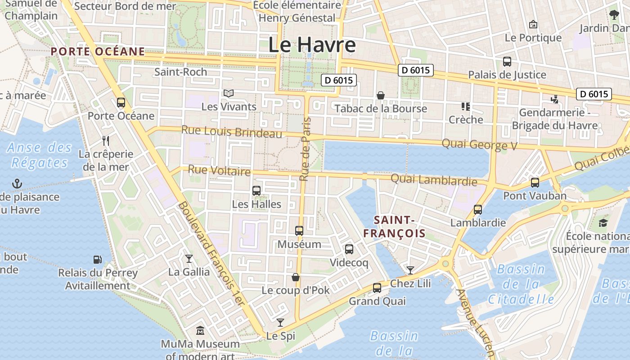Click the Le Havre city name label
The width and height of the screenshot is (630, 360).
click(x=312, y=45)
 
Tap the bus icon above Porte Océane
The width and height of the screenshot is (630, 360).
click(x=121, y=102)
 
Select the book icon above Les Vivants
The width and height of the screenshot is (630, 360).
click(x=229, y=93)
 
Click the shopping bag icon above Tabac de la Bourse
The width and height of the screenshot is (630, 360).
click(x=381, y=95)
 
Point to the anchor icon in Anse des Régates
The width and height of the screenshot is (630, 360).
click(x=17, y=183)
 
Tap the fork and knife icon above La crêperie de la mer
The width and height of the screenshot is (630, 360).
click(x=106, y=140)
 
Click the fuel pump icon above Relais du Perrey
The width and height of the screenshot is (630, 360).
click(x=97, y=259)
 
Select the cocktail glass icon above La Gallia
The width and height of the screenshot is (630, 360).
click(x=189, y=258)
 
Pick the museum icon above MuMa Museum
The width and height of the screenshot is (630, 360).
click(x=200, y=331)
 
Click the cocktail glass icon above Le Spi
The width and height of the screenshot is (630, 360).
click(x=280, y=322)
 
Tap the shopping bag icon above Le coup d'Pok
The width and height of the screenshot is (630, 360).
click(x=296, y=277)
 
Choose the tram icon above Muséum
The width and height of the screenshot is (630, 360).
click(x=299, y=231)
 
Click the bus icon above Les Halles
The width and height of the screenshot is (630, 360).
click(x=256, y=190)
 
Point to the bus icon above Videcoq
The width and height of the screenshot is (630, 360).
click(x=349, y=249)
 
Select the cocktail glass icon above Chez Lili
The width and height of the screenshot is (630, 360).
click(x=410, y=270)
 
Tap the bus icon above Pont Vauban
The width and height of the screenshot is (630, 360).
click(x=535, y=182)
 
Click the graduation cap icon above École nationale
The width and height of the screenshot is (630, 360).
click(x=603, y=222)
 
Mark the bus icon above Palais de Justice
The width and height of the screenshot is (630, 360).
click(x=507, y=62)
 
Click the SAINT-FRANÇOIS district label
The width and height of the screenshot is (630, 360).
click(x=394, y=226)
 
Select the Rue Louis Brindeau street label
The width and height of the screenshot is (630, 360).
click(x=232, y=132)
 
